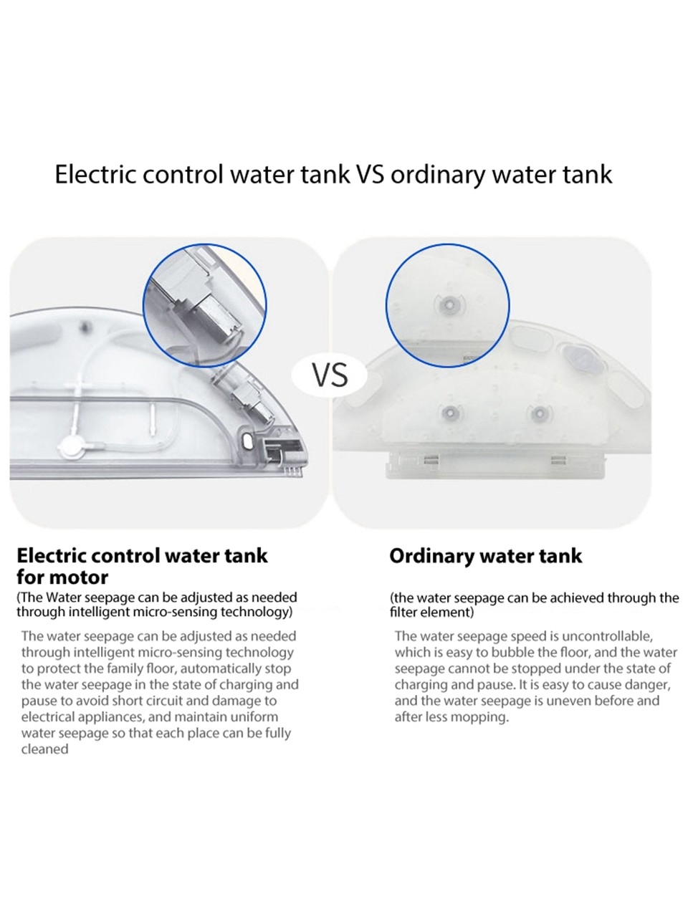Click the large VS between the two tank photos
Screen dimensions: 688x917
pyautogui.click(x=330, y=375)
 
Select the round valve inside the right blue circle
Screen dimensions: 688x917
pyautogui.click(x=449, y=305)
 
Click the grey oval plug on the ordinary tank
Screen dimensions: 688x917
pyautogui.click(x=578, y=358)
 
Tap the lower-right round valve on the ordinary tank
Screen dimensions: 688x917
pyautogui.click(x=537, y=414)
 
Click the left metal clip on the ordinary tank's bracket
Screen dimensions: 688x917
pyautogui.click(x=431, y=460)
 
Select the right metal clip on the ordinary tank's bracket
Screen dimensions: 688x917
pyautogui.click(x=558, y=460)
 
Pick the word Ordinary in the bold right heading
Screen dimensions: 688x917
pyautogui.click(x=431, y=557)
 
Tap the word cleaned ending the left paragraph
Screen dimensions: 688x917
pyautogui.click(x=44, y=749)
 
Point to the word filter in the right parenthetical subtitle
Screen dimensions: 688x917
pyautogui.click(x=403, y=613)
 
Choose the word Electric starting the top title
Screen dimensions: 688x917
pyautogui.click(x=96, y=174)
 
